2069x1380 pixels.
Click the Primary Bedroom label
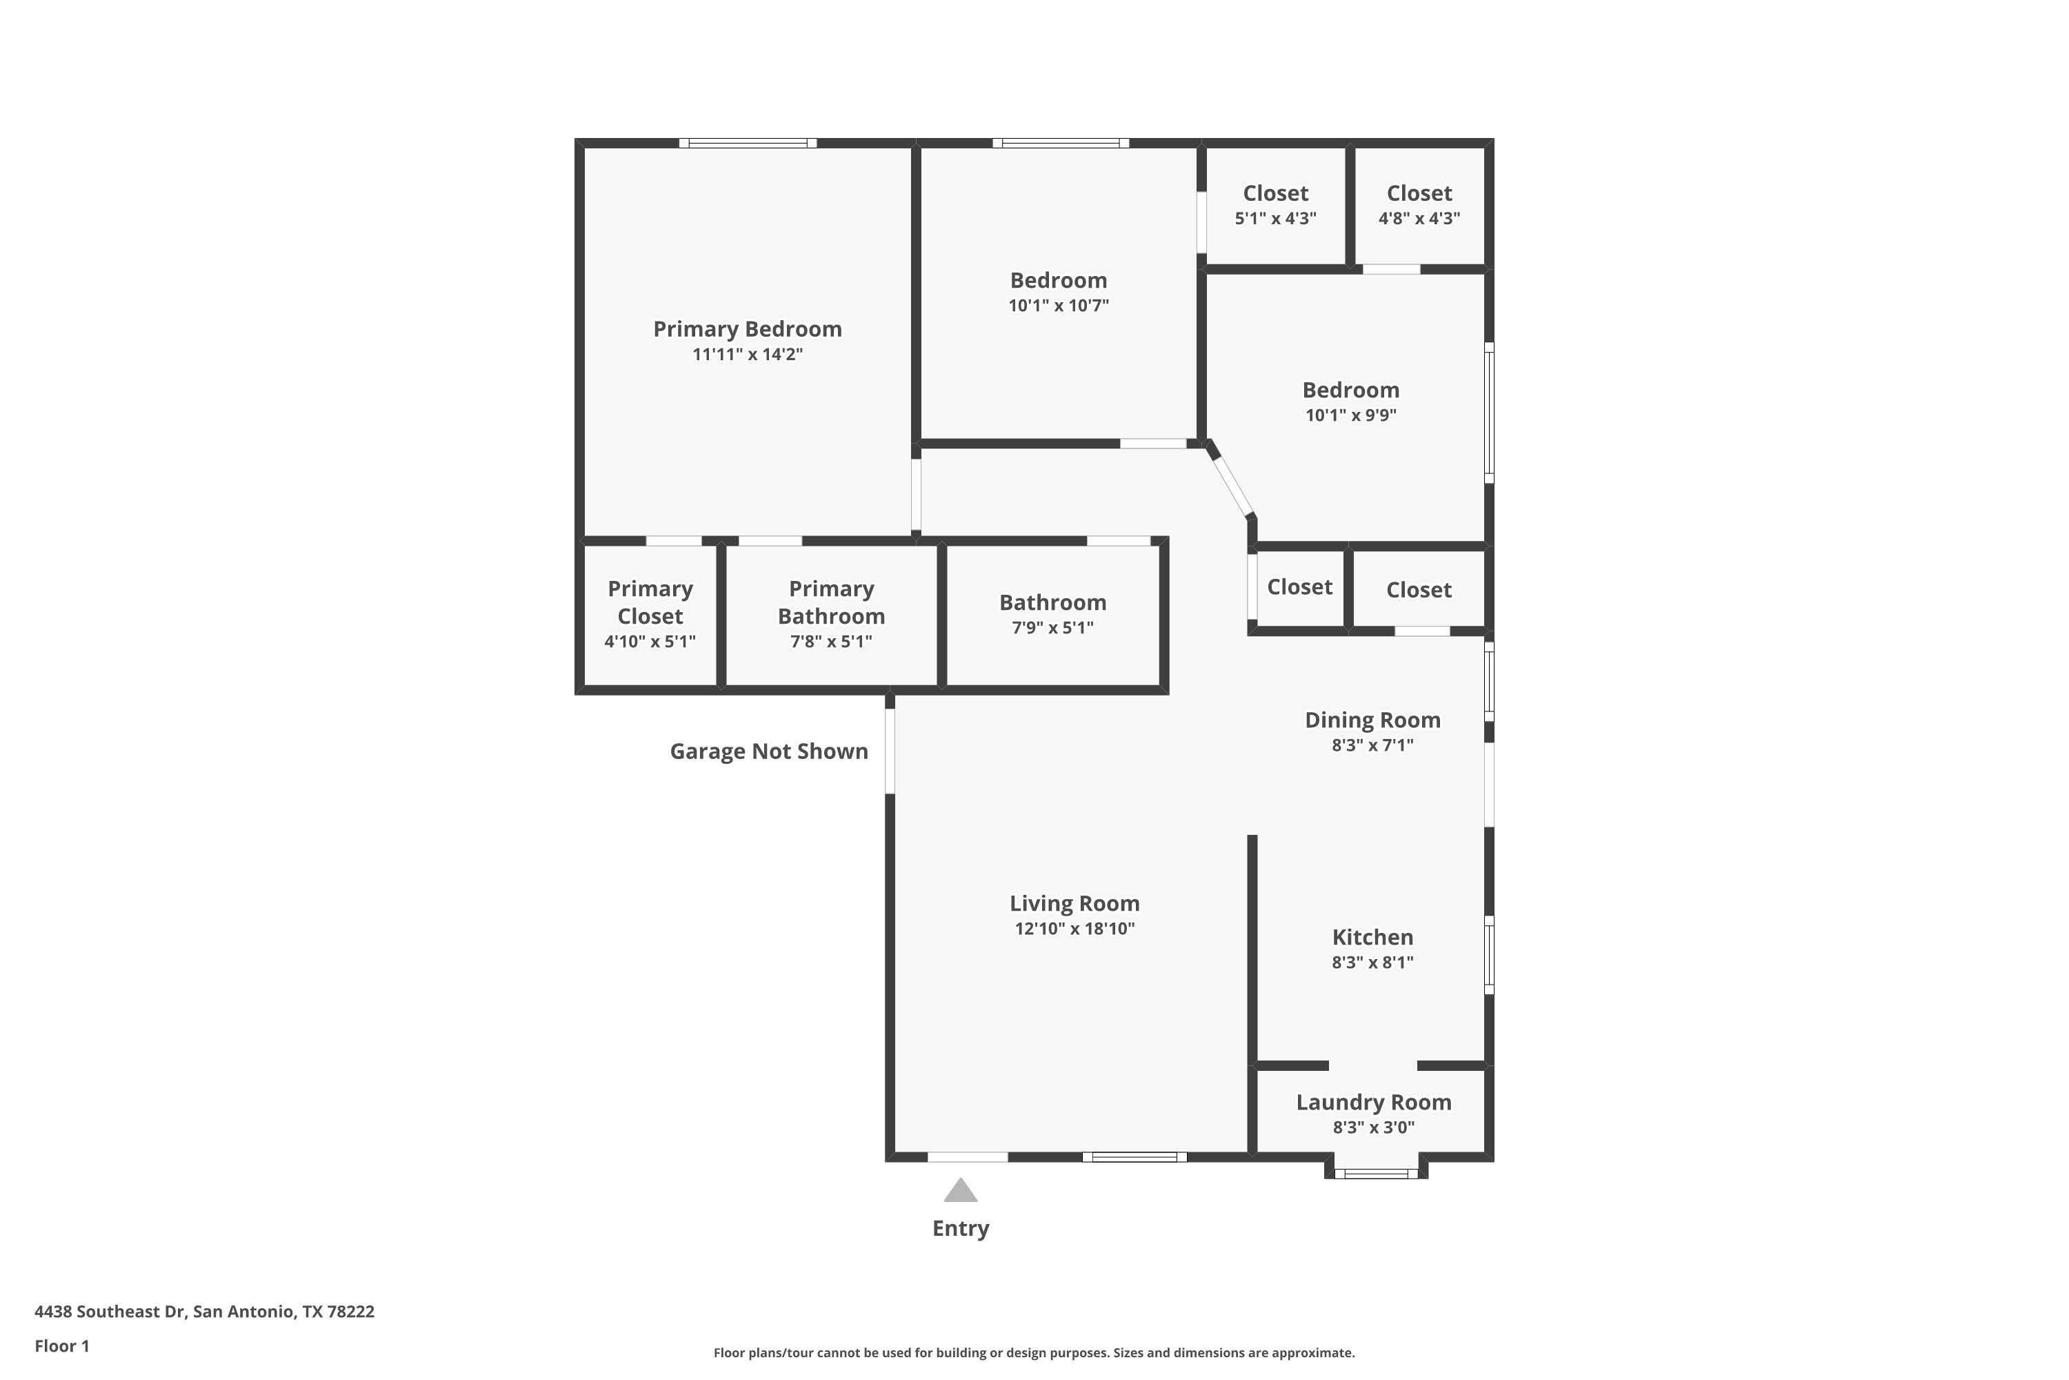(x=748, y=329)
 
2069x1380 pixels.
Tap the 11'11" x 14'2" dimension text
(x=748, y=354)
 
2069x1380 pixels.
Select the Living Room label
(x=1074, y=903)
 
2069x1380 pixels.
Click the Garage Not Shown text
(x=769, y=751)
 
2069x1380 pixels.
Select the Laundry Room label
(x=1373, y=1102)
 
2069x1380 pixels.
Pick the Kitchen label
(x=1372, y=937)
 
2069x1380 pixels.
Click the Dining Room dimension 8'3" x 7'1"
(x=1372, y=745)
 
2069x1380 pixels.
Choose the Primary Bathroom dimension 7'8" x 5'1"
(x=831, y=641)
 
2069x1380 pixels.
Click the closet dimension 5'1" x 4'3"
(x=1275, y=217)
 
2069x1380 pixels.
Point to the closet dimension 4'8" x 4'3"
(x=1419, y=217)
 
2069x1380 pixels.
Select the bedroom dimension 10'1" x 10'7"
(x=1058, y=306)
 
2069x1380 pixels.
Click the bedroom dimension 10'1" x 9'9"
(x=1350, y=415)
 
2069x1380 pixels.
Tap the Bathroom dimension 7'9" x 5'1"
(x=1052, y=627)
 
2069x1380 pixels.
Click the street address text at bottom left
(x=204, y=1312)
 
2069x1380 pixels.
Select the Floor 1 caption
(x=61, y=1345)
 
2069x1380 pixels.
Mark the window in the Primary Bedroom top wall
(x=748, y=143)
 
